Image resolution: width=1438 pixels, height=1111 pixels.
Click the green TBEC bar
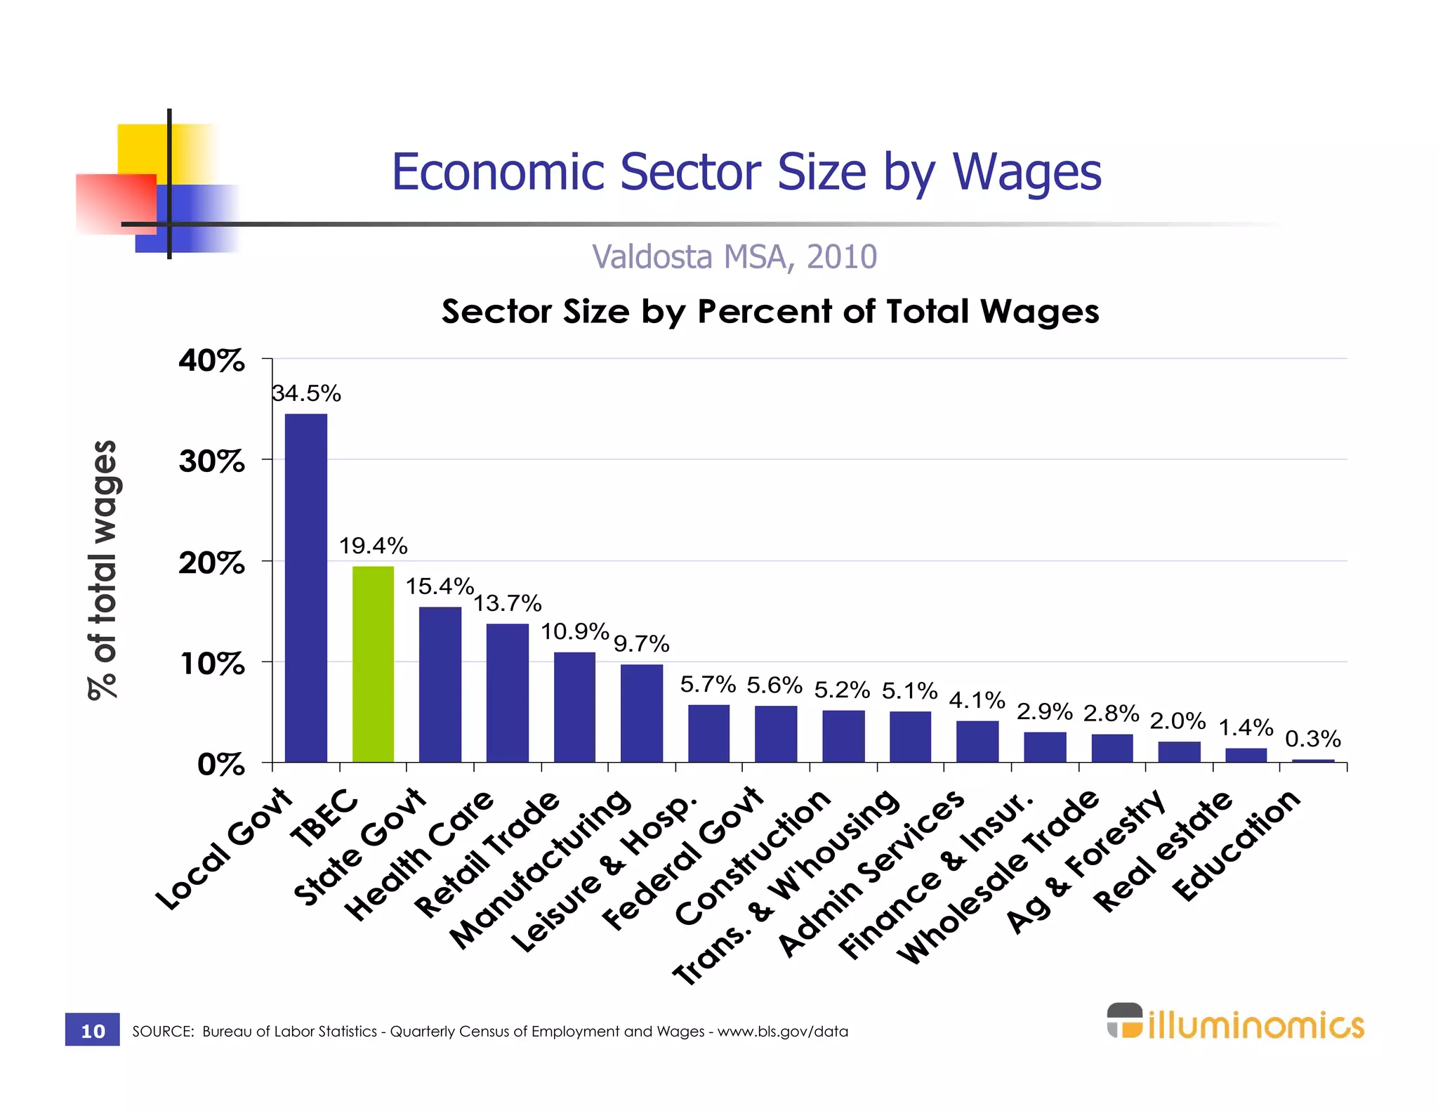pyautogui.click(x=373, y=664)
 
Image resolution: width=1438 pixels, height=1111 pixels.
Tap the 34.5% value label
pyautogui.click(x=307, y=394)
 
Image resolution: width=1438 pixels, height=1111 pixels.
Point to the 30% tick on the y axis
pyautogui.click(x=212, y=461)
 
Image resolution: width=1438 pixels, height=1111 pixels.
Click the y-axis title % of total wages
pyautogui.click(x=103, y=570)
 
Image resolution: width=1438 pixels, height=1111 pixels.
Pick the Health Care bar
pyautogui.click(x=507, y=692)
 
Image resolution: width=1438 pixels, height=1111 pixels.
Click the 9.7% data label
pyautogui.click(x=642, y=644)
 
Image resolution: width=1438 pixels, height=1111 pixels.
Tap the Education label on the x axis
pyautogui.click(x=1237, y=846)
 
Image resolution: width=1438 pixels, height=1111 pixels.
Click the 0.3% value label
pyautogui.click(x=1312, y=739)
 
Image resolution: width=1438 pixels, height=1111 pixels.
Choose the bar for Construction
pyautogui.click(x=843, y=736)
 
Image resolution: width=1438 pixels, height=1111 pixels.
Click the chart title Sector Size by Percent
pyautogui.click(x=770, y=311)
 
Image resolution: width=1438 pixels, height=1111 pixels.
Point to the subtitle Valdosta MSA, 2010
pyautogui.click(x=734, y=257)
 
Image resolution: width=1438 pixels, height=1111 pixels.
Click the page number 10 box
pyautogui.click(x=93, y=1030)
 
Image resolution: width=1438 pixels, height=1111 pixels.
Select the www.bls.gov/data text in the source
pyautogui.click(x=782, y=1032)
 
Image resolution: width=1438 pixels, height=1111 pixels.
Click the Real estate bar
pyautogui.click(x=1246, y=755)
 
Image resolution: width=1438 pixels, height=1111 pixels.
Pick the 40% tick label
pyautogui.click(x=212, y=360)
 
